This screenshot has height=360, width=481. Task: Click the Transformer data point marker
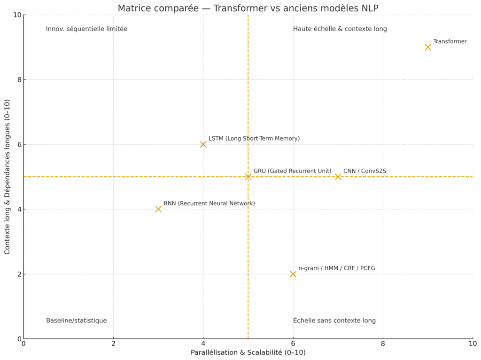point(427,47)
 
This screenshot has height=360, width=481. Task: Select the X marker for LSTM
point(203,144)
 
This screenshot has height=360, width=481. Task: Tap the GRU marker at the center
point(248,177)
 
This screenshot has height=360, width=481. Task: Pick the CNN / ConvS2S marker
point(338,177)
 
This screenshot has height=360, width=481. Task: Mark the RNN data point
point(158,209)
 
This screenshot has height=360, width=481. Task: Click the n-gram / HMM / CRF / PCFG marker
point(293,274)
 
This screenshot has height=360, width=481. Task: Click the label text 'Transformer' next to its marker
point(450,41)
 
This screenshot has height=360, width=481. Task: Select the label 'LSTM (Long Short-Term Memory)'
point(254,139)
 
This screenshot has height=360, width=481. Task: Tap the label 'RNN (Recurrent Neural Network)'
point(209,203)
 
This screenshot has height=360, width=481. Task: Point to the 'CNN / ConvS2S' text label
point(365,171)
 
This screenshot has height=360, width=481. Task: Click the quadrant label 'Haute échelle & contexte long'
point(340,29)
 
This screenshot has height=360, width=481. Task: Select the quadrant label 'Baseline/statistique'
point(76,321)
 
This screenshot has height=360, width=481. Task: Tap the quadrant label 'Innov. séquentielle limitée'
point(86,29)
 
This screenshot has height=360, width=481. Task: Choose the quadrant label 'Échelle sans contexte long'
point(334,321)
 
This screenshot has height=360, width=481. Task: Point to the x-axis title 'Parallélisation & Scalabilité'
point(248,352)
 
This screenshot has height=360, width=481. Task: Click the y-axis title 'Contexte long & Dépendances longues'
point(8,177)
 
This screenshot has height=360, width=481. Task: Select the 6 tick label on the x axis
point(293,344)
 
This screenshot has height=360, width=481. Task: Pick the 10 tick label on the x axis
point(473,344)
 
